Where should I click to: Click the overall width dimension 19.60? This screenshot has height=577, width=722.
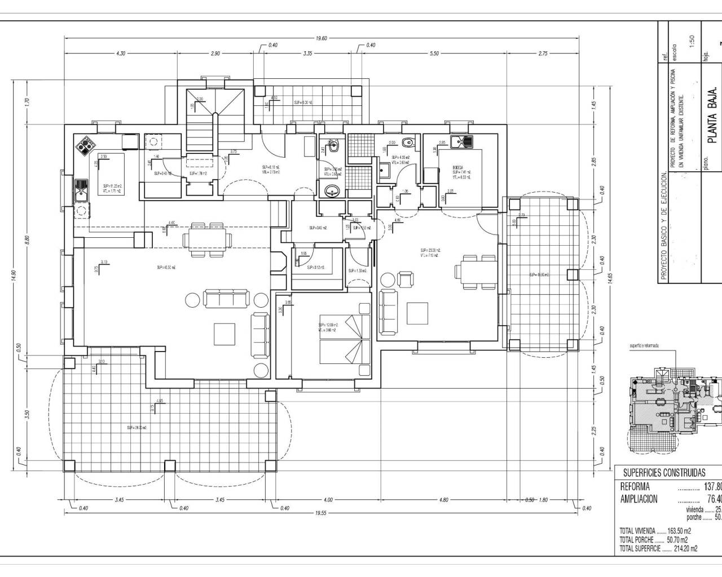321,38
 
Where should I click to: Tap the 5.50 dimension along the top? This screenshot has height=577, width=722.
434,54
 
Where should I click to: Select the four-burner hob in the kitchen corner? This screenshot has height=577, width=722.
85,146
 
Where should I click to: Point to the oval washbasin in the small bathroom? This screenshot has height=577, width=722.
333,192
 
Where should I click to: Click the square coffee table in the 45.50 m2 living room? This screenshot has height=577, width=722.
225,334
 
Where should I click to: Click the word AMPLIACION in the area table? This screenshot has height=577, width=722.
639,499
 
